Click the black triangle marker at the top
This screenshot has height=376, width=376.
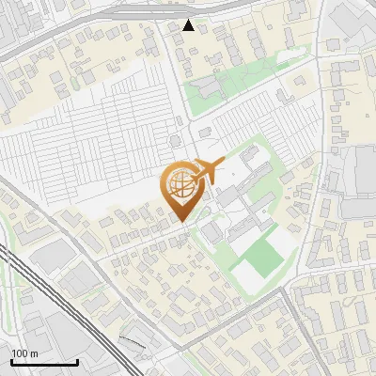(x=189, y=25)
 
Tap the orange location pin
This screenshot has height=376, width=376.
(x=183, y=191)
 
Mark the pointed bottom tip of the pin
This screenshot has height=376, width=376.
(x=183, y=221)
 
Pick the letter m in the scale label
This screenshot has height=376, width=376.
(x=34, y=354)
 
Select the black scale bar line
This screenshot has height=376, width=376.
(x=44, y=363)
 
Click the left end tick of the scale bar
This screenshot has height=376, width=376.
(x=11, y=361)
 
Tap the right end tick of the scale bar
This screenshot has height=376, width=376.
(x=77, y=361)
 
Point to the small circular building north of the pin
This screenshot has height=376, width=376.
(x=175, y=140)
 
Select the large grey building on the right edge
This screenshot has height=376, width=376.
(x=363, y=183)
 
